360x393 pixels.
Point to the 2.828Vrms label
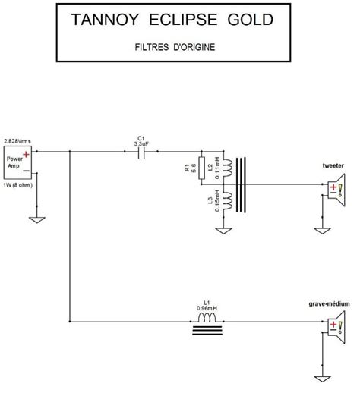[x=17, y=142]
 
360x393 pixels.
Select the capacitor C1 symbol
[x=140, y=152]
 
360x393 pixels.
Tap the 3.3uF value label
[x=141, y=142]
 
